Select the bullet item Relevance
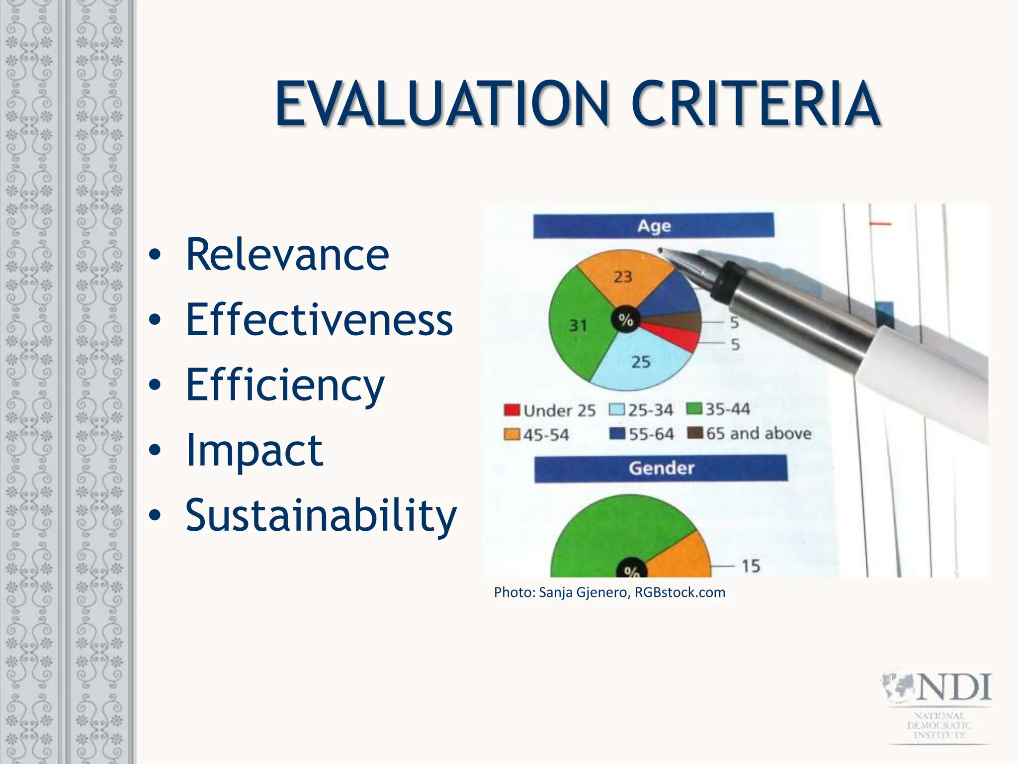coord(287,255)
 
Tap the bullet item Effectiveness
coord(319,319)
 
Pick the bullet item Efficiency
coord(285,385)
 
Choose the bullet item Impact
coord(254,450)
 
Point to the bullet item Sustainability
coord(321,515)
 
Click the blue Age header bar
coord(653,226)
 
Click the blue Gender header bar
coord(661,468)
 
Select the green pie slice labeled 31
coord(582,323)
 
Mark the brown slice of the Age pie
coord(681,322)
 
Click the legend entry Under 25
coord(550,410)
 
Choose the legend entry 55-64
coord(642,434)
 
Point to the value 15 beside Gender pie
coord(751,566)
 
